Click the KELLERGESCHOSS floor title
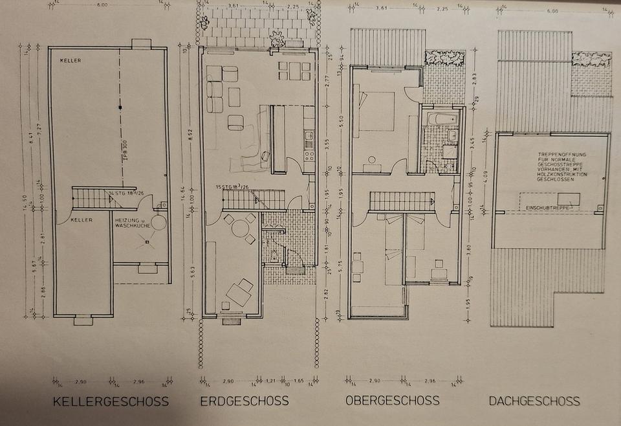click(111, 401)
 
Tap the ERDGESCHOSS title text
click(245, 401)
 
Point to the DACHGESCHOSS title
click(534, 401)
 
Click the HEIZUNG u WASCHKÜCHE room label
click(133, 223)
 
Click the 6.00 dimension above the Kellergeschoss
click(102, 5)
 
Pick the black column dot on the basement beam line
click(120, 107)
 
